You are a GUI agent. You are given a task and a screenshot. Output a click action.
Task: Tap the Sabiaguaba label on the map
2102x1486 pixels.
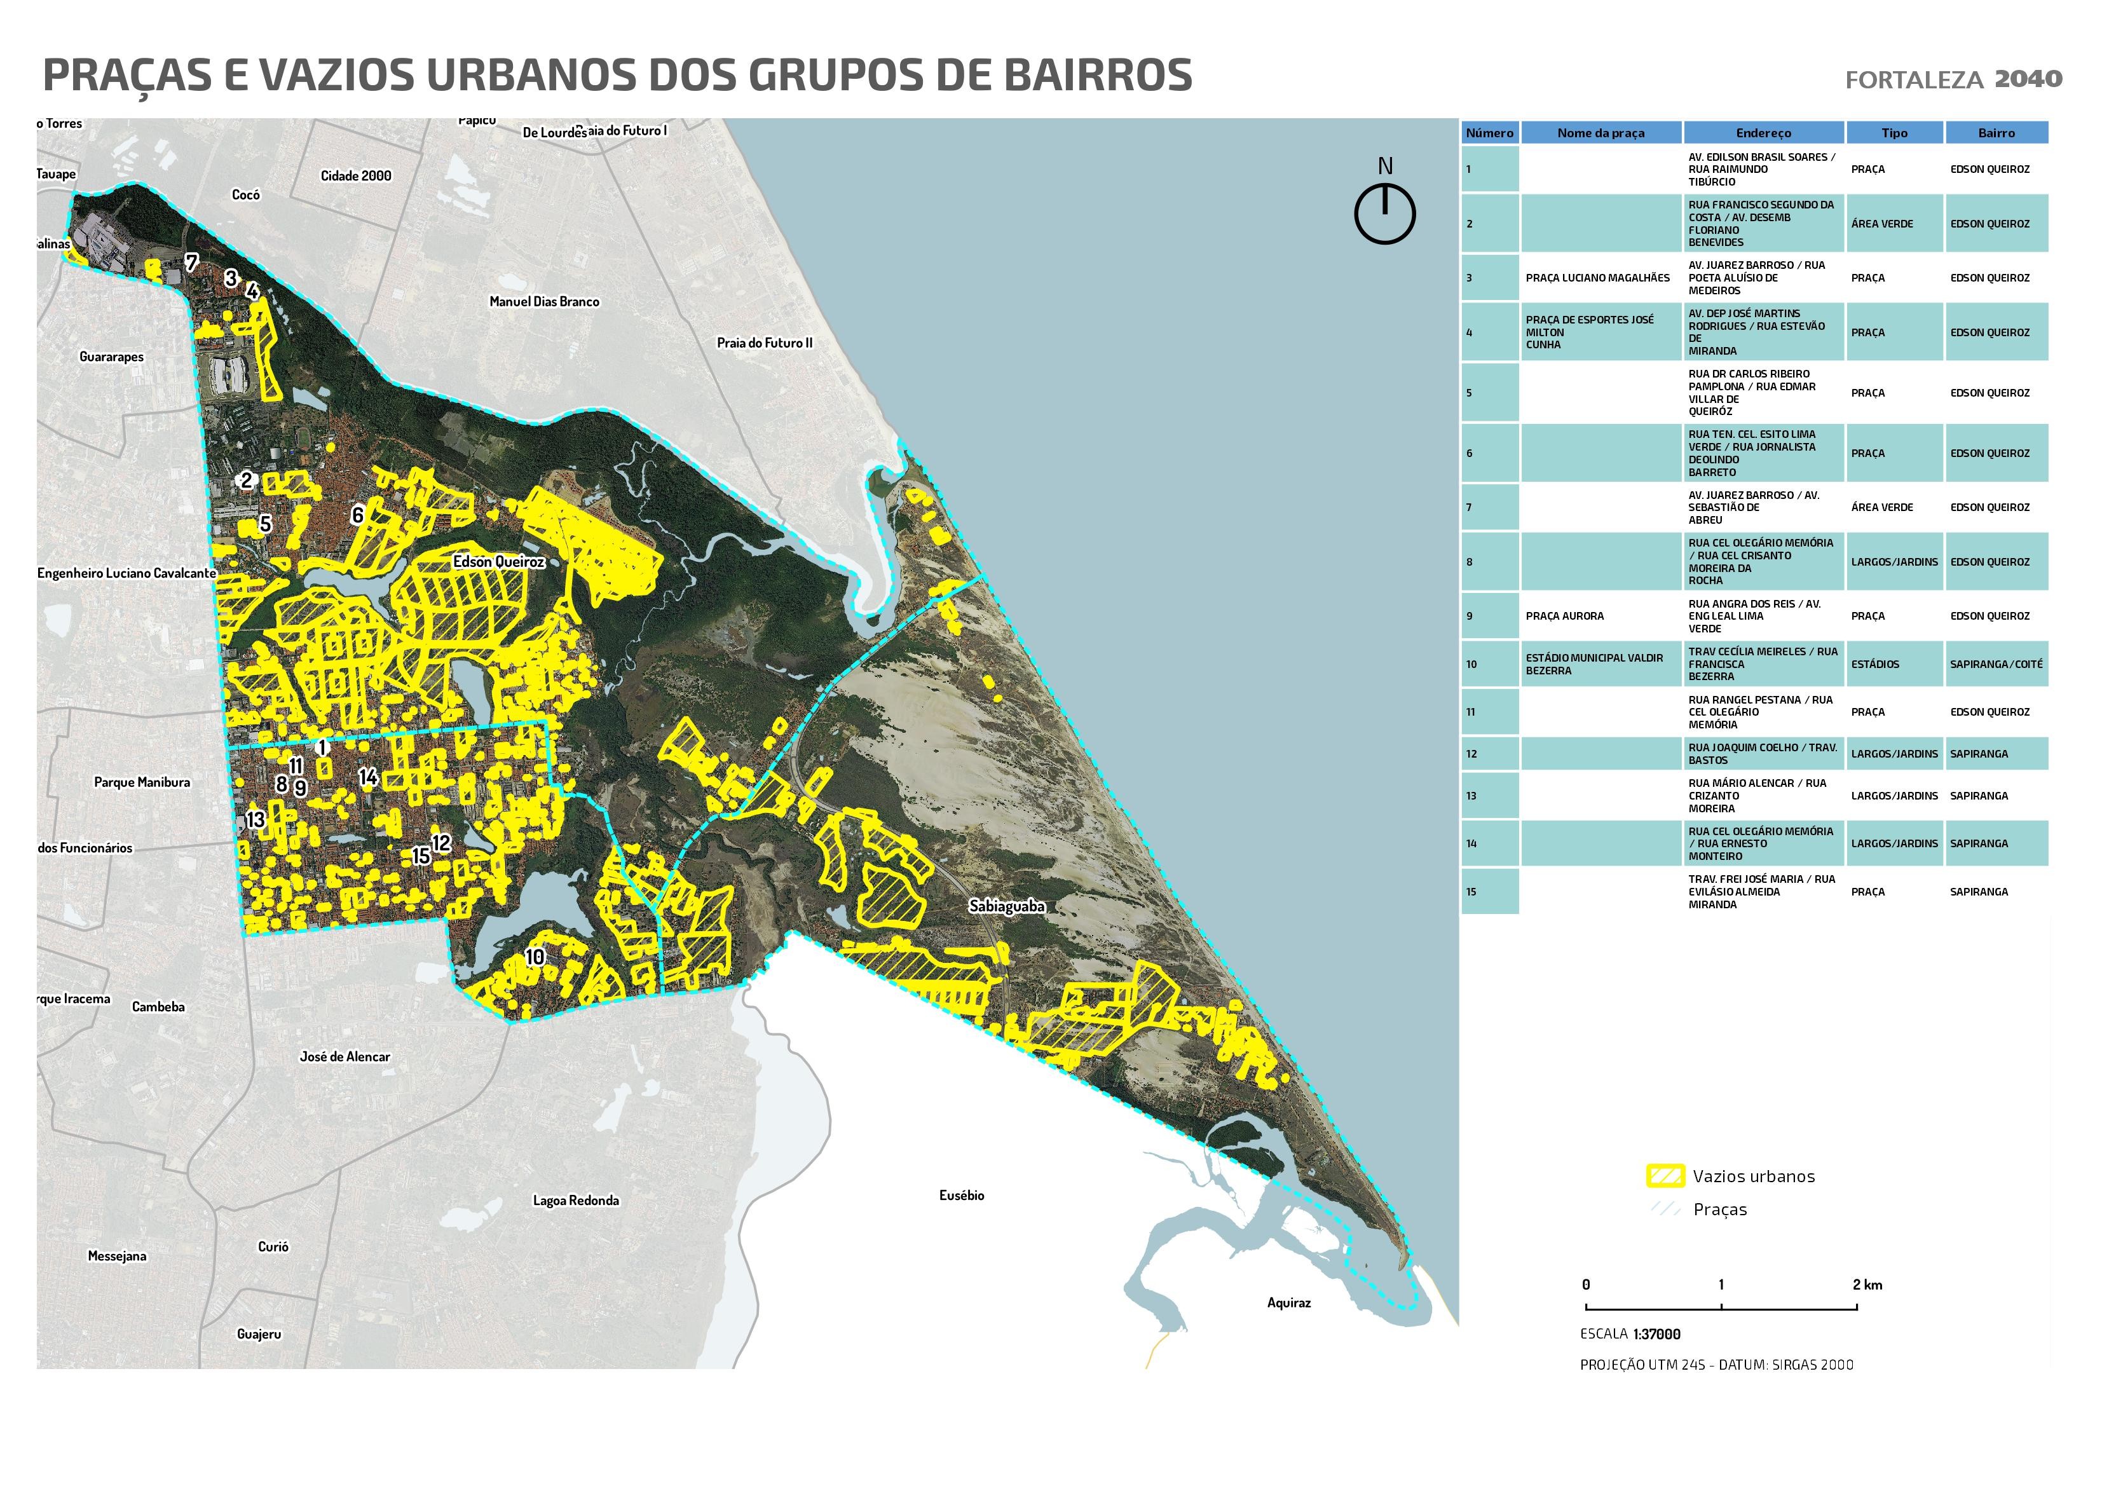tap(1006, 906)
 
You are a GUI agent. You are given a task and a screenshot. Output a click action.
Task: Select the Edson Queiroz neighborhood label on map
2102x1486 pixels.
tap(499, 561)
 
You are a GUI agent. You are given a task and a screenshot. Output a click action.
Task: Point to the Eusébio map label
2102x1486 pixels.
tap(961, 1195)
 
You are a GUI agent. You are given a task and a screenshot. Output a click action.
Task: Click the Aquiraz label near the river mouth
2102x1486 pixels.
tap(1288, 1302)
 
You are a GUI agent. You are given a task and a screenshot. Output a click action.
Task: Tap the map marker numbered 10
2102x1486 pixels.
tap(535, 957)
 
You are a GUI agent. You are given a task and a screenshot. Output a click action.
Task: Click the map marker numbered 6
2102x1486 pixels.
tap(358, 515)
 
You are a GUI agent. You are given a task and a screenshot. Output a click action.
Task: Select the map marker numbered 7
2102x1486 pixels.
tap(191, 262)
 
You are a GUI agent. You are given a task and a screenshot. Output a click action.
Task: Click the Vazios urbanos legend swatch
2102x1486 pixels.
tap(1665, 1176)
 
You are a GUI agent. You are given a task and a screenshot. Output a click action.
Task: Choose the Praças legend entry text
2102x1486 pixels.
tap(1719, 1210)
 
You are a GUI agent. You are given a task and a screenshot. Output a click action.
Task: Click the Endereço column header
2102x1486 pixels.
tap(1763, 133)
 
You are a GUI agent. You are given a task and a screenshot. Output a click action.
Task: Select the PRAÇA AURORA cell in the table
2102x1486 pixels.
tap(1565, 616)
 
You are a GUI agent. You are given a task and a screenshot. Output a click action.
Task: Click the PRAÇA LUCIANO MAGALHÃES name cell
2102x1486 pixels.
tap(1597, 277)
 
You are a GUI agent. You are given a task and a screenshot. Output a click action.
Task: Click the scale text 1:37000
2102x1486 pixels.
tap(1656, 1334)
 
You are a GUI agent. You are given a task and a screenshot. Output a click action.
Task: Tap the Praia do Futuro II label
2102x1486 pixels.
tap(765, 343)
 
